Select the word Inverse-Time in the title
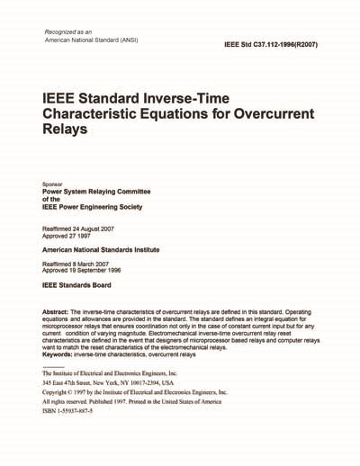pos(216,96)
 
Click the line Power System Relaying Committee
pos(97,192)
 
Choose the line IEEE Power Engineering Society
pos(94,208)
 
